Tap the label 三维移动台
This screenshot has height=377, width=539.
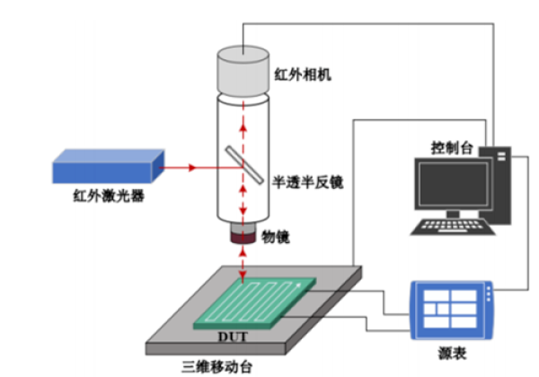pyautogui.click(x=214, y=365)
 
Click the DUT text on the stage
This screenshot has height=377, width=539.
pyautogui.click(x=230, y=337)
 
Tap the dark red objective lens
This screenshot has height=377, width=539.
pyautogui.click(x=243, y=238)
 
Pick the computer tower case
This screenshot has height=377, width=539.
pyautogui.click(x=498, y=184)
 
